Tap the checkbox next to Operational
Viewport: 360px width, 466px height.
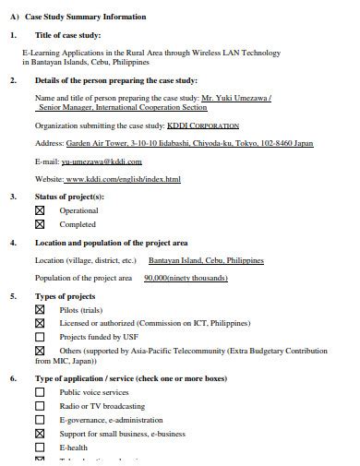pos(40,210)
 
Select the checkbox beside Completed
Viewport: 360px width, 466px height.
pos(40,224)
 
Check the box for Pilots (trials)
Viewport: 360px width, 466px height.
pos(40,310)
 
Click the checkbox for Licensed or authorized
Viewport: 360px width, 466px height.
pos(40,324)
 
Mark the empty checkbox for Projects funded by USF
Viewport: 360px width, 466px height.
pos(40,337)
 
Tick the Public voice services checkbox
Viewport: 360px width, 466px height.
pos(40,392)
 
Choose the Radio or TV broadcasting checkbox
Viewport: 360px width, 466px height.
pos(40,406)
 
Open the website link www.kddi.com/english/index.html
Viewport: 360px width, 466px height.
pos(122,179)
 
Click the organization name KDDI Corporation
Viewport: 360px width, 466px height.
pos(202,125)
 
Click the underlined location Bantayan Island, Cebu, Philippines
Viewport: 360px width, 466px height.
pos(205,260)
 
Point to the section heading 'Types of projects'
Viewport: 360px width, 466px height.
pos(65,296)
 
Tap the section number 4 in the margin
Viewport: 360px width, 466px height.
pos(12,243)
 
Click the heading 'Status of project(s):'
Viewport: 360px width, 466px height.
pos(69,197)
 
